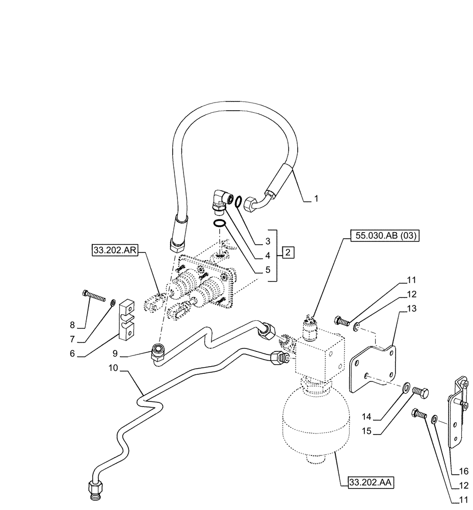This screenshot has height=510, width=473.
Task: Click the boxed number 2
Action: click(x=288, y=252)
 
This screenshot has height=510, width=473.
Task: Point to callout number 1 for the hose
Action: click(x=316, y=199)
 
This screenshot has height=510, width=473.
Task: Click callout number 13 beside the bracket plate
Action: click(x=411, y=308)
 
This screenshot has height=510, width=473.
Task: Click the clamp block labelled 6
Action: click(x=127, y=319)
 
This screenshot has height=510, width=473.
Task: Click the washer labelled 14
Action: click(x=406, y=386)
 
